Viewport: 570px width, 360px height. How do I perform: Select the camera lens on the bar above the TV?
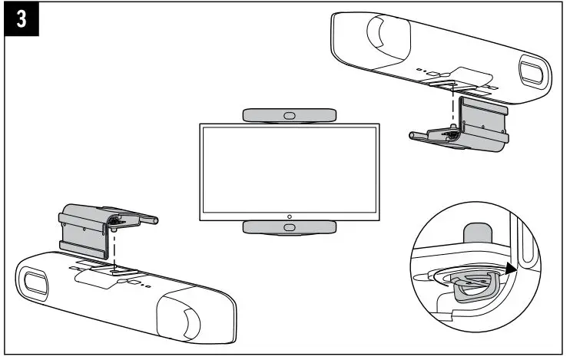pyautogui.click(x=289, y=115)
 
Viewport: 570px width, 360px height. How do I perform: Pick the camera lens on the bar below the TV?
pyautogui.click(x=289, y=227)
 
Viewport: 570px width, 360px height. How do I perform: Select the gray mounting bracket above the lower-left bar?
pyautogui.click(x=88, y=226)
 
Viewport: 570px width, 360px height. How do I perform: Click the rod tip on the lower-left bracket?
pyautogui.click(x=157, y=220)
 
